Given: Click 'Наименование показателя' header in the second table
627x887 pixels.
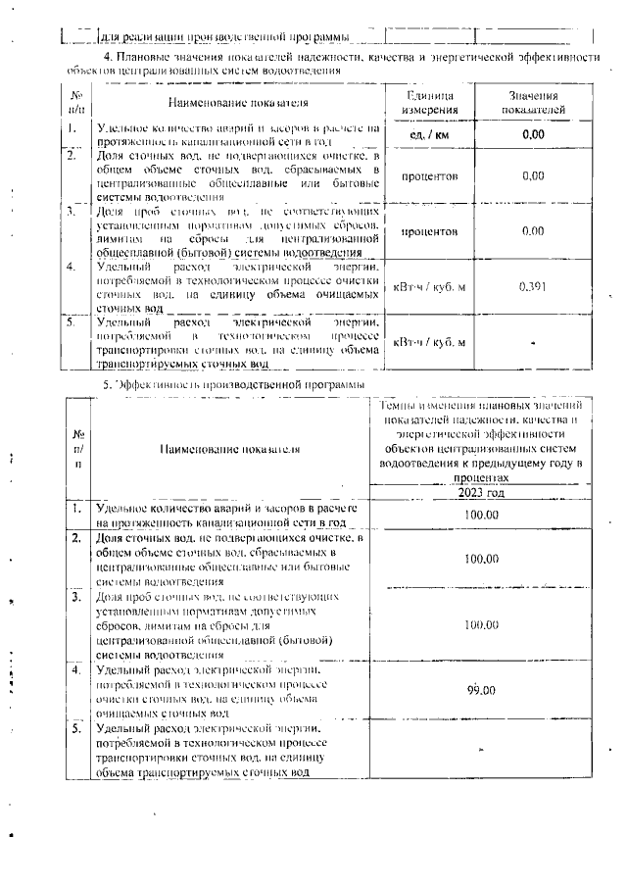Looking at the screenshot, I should click(x=228, y=448).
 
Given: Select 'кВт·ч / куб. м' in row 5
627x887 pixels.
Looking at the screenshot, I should click(x=429, y=342).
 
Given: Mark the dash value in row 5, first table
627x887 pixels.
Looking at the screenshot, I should click(x=532, y=343).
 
